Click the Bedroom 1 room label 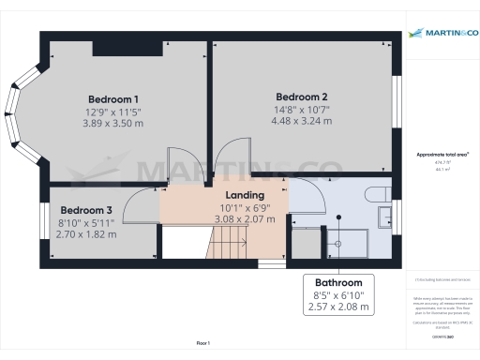point(113,99)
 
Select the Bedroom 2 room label point(301,97)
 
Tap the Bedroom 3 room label point(86,210)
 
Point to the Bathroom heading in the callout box point(338,282)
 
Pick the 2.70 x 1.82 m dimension point(86,234)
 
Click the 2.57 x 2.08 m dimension point(338,307)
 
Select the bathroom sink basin point(386,217)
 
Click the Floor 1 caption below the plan point(202,345)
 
